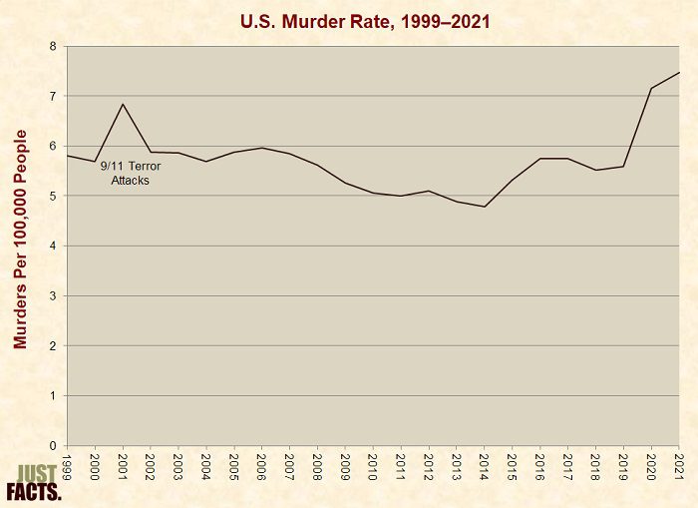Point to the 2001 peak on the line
(122, 104)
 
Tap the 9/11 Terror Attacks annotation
(131, 173)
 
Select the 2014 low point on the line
(484, 207)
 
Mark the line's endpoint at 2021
(679, 72)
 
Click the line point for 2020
(651, 88)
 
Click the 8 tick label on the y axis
(53, 46)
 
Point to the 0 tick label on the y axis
(53, 446)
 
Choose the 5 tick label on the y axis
(53, 196)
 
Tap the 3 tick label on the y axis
(53, 296)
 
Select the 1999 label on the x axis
(67, 467)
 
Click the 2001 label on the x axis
(123, 467)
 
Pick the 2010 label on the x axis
(373, 467)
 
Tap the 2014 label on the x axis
(485, 467)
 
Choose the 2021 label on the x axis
(679, 467)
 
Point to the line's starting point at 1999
(67, 155)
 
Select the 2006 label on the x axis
(261, 467)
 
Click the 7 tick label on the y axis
(53, 96)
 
